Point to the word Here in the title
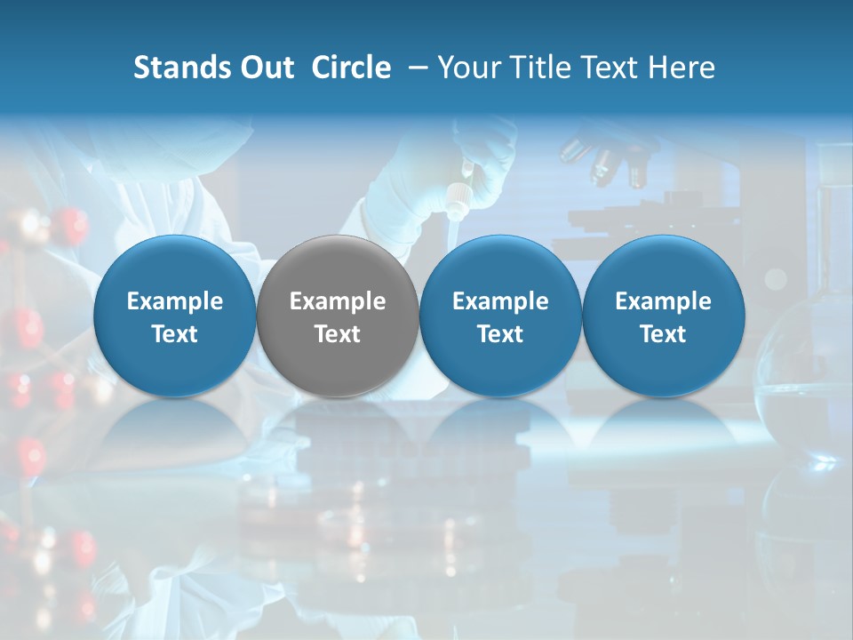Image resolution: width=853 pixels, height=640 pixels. click(x=683, y=68)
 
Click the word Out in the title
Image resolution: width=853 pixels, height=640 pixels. click(x=267, y=68)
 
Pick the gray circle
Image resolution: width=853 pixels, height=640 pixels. click(x=338, y=316)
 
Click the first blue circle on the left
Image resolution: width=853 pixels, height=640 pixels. click(x=175, y=316)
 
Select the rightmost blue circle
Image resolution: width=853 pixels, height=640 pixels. click(x=664, y=316)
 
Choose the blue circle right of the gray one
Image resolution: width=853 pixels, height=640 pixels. click(x=500, y=316)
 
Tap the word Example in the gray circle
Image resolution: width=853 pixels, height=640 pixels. click(x=338, y=301)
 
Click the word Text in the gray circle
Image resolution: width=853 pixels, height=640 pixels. click(x=338, y=334)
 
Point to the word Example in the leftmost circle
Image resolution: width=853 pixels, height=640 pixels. click(x=175, y=301)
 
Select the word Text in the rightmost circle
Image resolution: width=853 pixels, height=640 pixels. click(x=664, y=334)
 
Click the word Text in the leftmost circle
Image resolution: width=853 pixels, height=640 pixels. click(x=175, y=334)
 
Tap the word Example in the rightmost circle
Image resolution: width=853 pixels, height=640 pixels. click(x=664, y=301)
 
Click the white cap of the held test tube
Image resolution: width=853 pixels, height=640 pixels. click(x=458, y=196)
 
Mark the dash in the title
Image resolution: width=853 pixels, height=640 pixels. click(x=415, y=68)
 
